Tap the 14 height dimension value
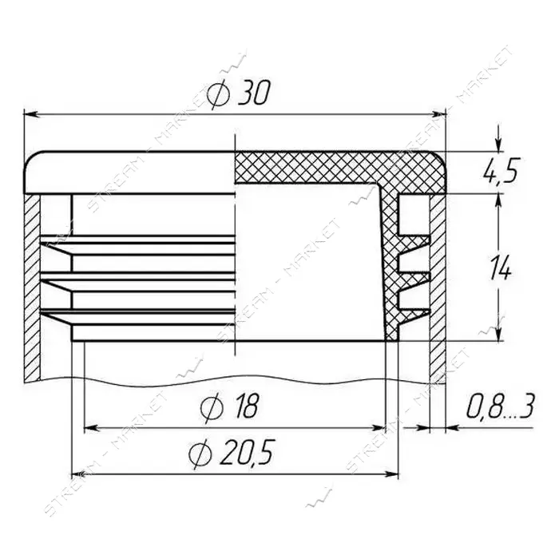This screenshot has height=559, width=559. click(x=501, y=268)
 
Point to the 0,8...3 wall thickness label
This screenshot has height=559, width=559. click(x=501, y=406)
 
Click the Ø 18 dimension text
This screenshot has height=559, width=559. click(x=228, y=407)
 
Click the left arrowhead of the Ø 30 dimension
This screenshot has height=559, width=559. click(x=31, y=114)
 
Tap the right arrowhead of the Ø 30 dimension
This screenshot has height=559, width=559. click(x=439, y=114)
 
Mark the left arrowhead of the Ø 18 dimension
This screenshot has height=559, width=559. click(x=92, y=426)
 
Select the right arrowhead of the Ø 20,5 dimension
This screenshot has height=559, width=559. click(x=391, y=474)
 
